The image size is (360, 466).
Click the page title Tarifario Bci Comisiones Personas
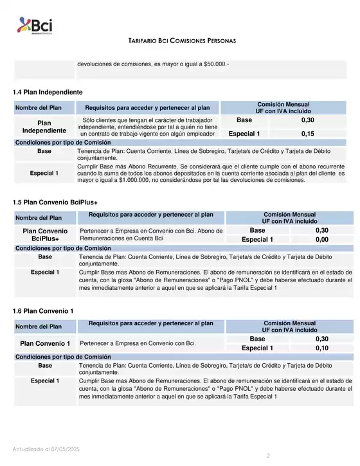182,40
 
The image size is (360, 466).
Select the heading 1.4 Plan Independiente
48,92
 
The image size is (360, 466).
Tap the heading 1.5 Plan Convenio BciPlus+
55,202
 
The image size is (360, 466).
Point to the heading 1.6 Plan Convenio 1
43,312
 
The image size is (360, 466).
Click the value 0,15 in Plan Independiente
308,134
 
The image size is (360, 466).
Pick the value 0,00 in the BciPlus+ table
322,240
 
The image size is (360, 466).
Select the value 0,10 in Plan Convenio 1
322,348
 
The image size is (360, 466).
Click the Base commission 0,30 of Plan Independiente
308,120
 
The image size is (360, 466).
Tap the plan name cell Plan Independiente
44,127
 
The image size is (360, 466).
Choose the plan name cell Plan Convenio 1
45,343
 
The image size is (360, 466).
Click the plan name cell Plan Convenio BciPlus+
45,235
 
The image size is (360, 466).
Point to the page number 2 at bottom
268,455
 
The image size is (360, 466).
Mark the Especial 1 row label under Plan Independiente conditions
44,173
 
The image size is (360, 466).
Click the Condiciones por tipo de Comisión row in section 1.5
63,248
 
